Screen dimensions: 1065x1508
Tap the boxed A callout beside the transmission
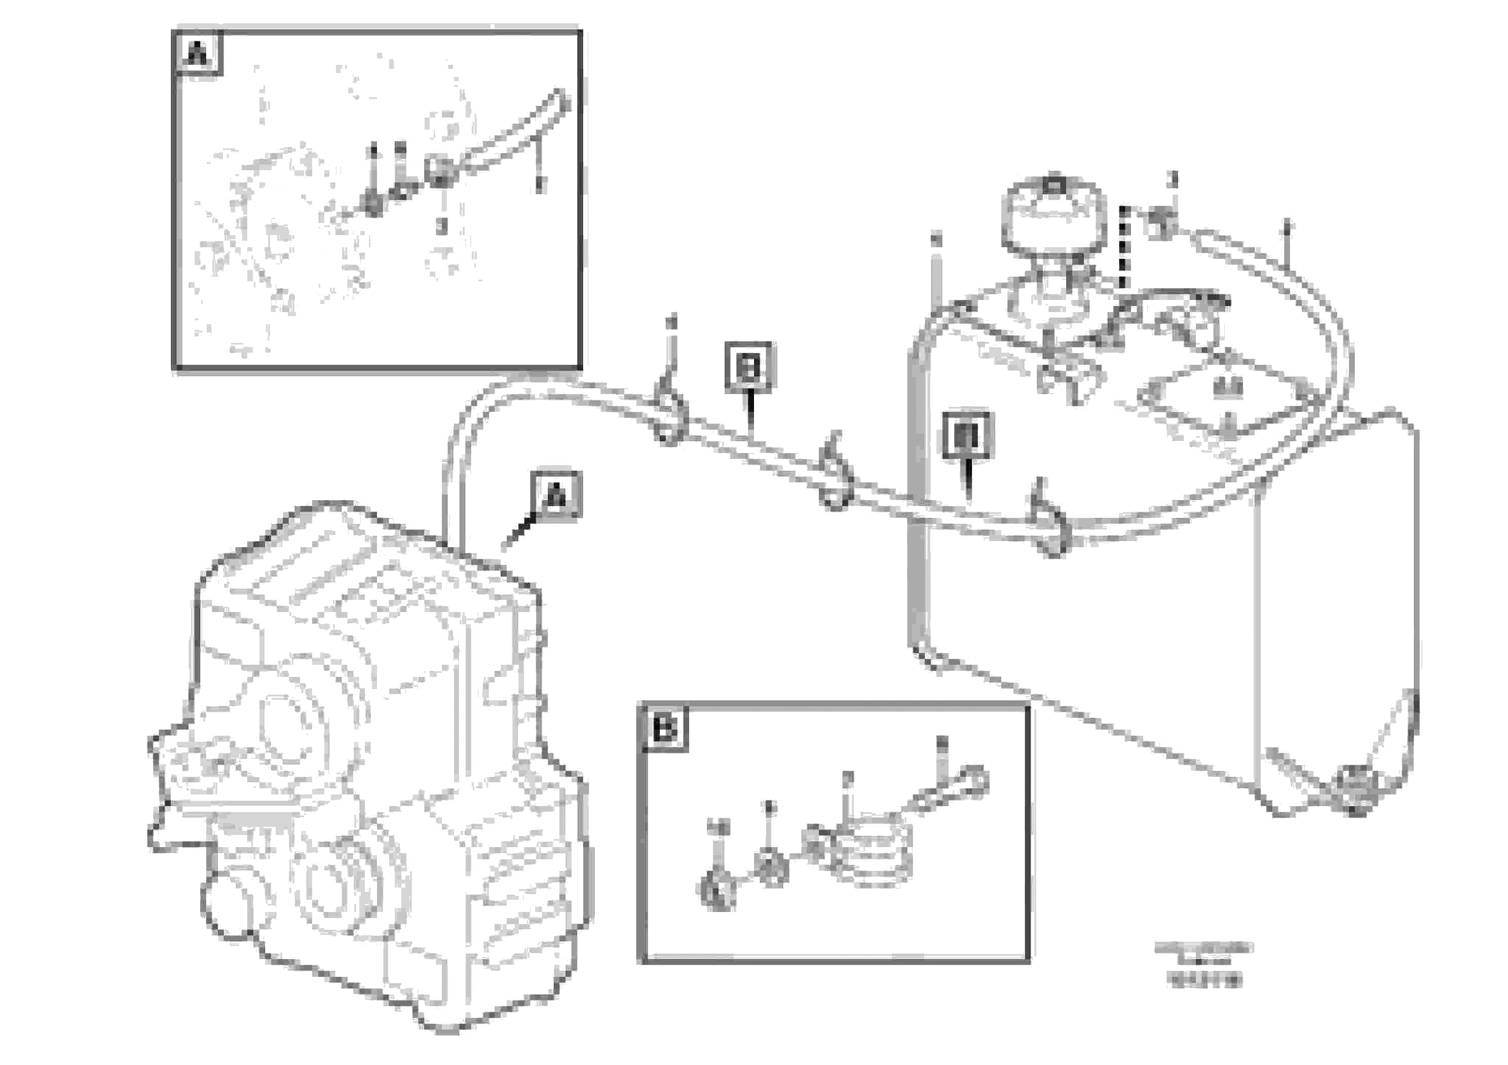click(x=556, y=496)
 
